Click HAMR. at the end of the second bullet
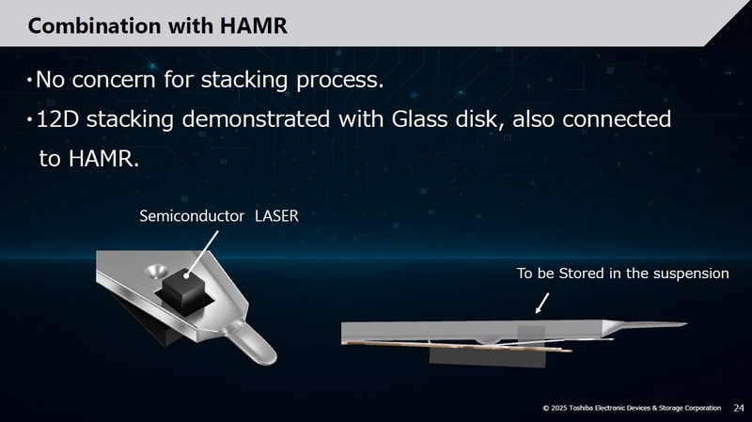[103, 159]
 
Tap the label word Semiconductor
[193, 216]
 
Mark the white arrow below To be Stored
[541, 302]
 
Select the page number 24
[737, 407]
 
